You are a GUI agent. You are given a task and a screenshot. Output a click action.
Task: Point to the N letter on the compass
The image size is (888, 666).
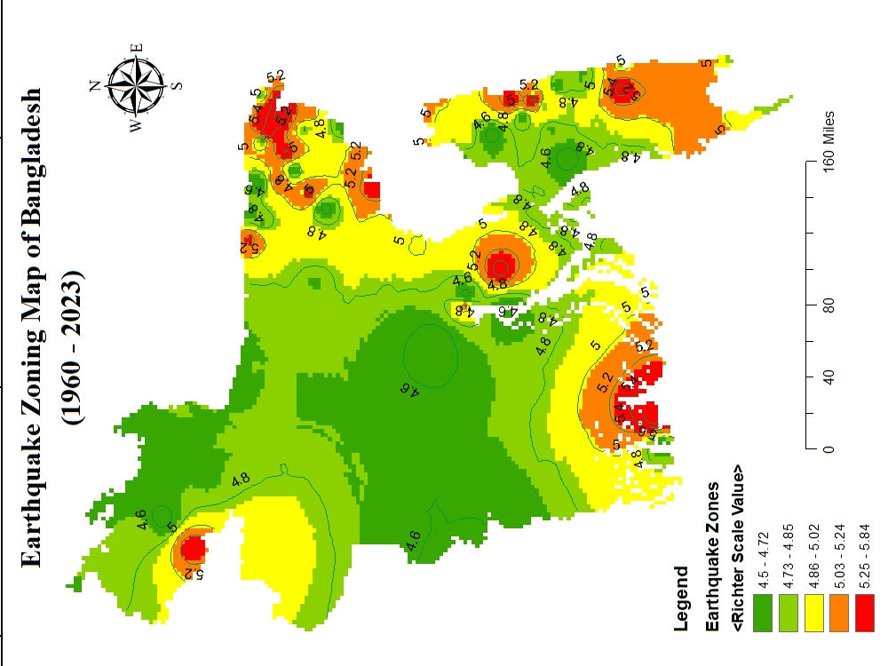tap(94, 85)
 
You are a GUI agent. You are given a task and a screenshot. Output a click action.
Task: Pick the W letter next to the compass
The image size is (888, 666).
tap(136, 126)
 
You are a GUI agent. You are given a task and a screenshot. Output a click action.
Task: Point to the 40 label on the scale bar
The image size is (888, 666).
tap(829, 377)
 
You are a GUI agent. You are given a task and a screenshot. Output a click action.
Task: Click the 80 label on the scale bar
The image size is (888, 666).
tap(829, 306)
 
